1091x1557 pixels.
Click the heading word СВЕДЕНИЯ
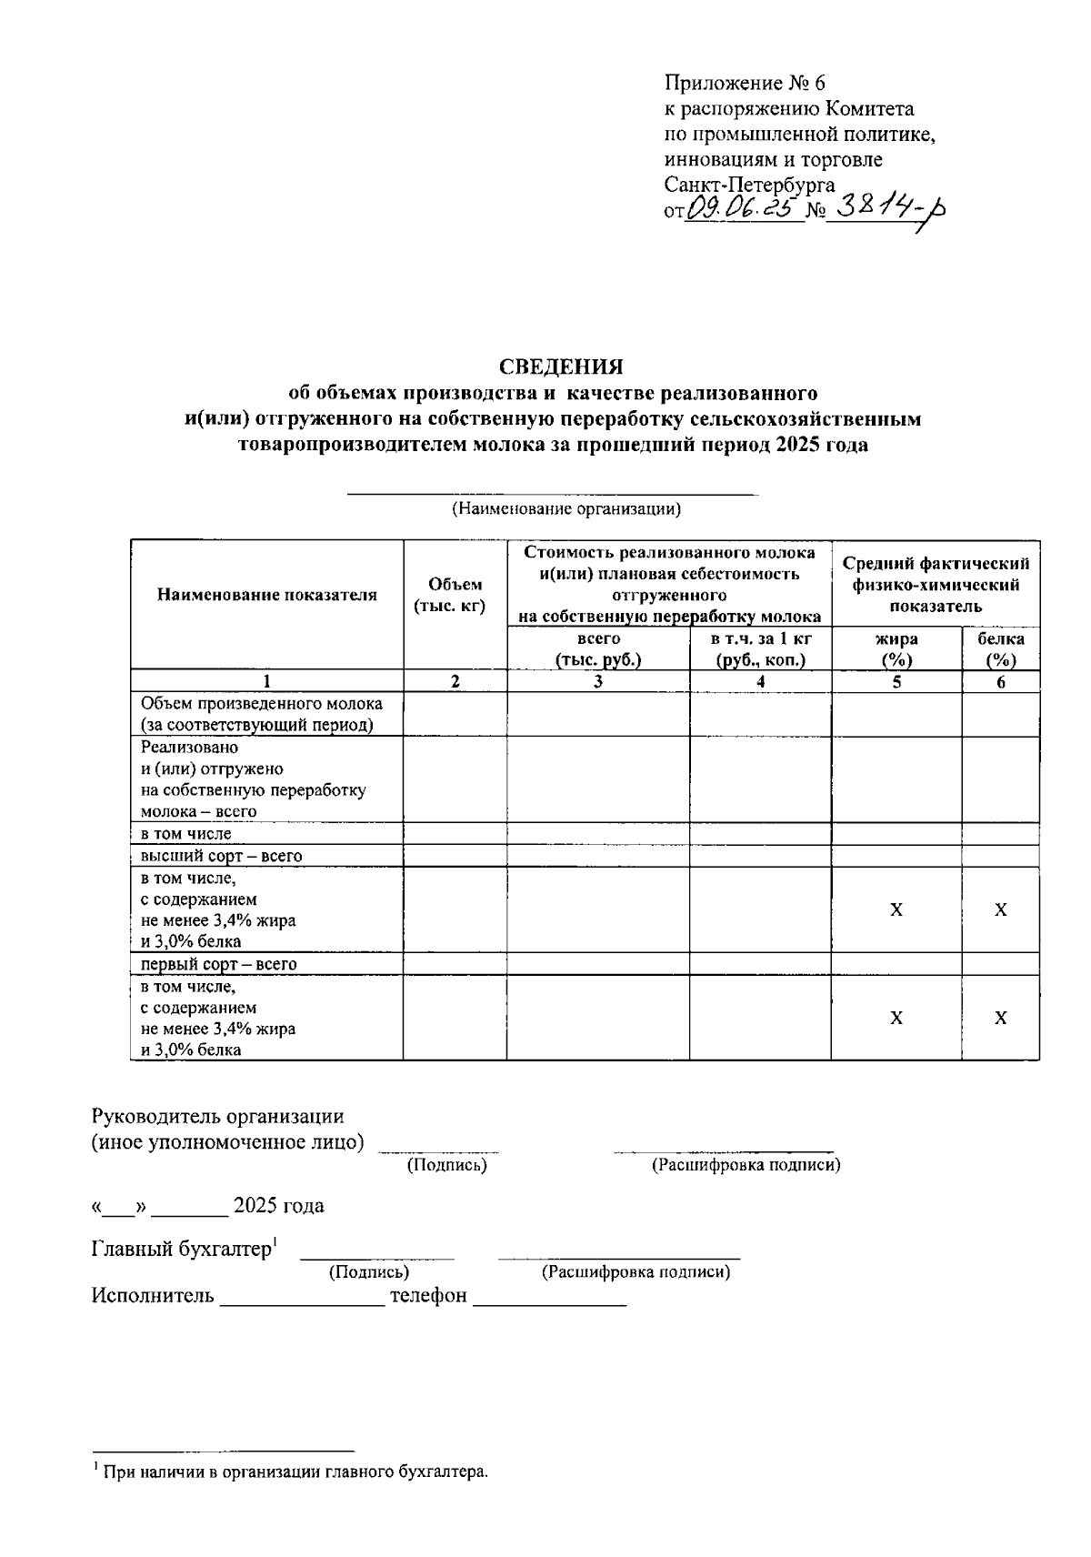coord(561,367)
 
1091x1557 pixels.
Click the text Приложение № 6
coord(745,84)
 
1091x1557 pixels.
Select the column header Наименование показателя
coord(266,596)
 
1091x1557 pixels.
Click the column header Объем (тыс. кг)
coord(455,596)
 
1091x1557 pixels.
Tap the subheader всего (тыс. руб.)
coord(597,649)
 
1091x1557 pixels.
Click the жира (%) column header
coord(896,649)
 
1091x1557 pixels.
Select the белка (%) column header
coord(1000,649)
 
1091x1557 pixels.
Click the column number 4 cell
coord(760,681)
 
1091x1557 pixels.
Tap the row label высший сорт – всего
coord(221,856)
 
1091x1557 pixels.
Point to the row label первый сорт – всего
coord(218,964)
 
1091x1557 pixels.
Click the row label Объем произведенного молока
coord(261,704)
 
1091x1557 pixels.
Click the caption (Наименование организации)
coord(566,509)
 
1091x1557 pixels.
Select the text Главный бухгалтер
coord(182,1250)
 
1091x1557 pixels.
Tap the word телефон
coord(428,1295)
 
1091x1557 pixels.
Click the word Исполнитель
coord(153,1295)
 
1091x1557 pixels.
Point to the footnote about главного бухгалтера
coord(295,1471)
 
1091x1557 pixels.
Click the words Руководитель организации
coord(217,1116)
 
